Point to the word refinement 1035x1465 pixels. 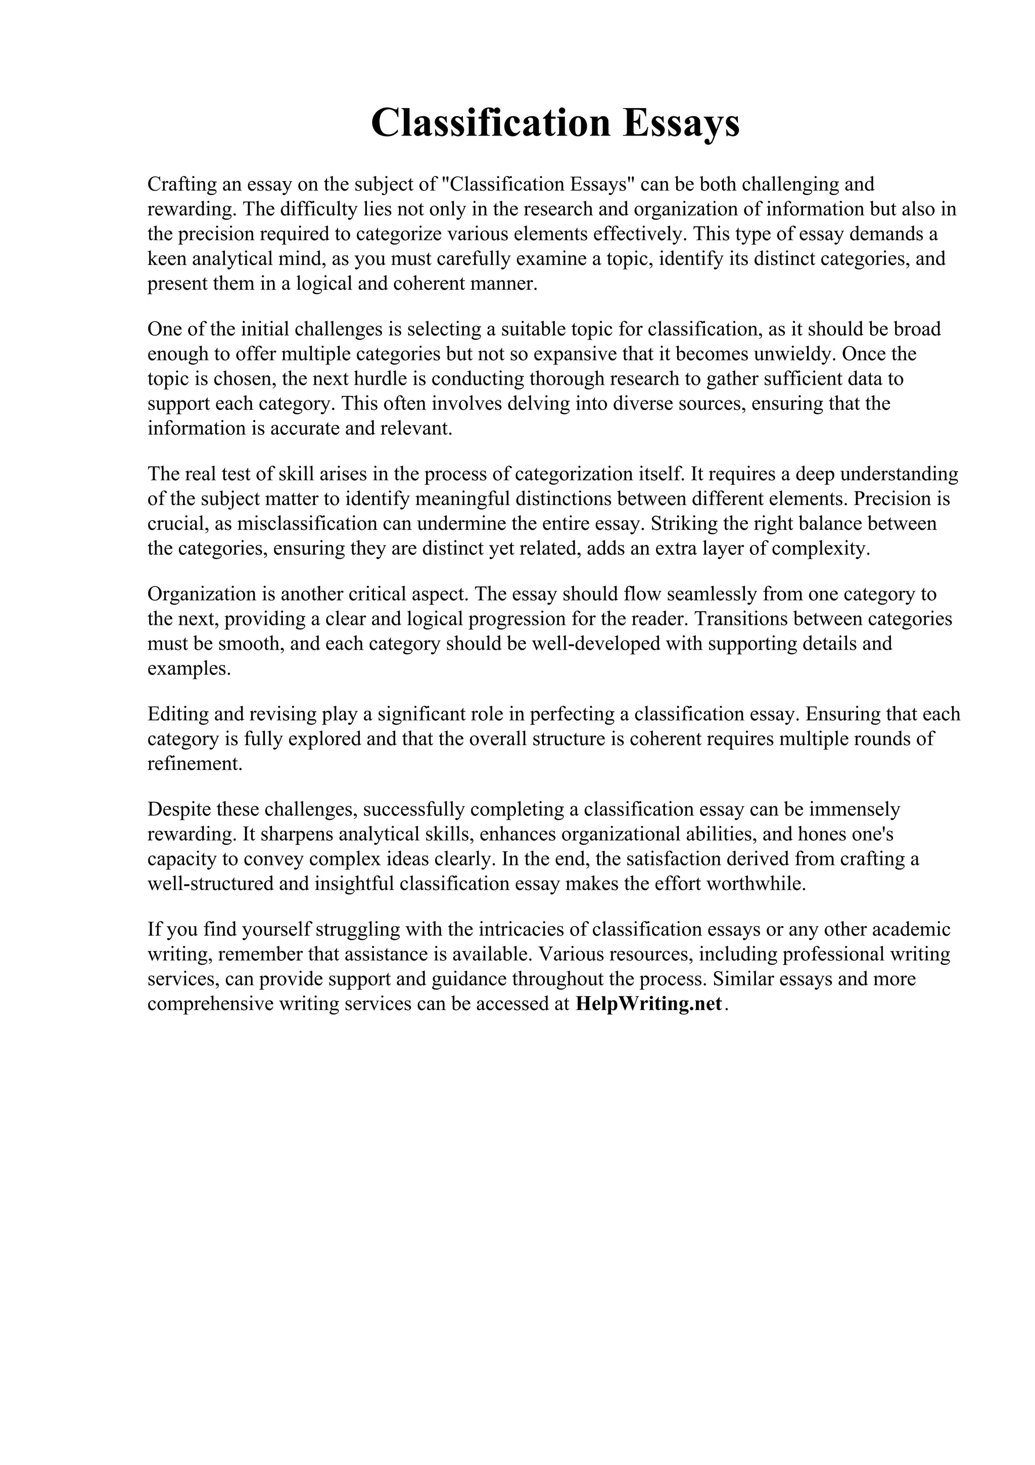click(x=195, y=764)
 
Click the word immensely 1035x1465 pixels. click(x=855, y=810)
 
